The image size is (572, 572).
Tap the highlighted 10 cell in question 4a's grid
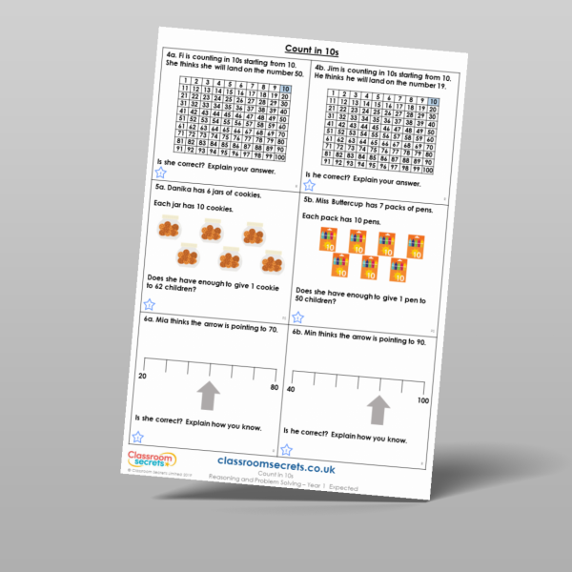coord(285,90)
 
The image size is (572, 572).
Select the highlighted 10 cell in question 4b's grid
coord(435,102)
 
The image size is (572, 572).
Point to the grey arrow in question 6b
coord(378,409)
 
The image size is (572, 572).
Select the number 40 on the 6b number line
coord(291,389)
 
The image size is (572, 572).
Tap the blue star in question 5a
coord(149,304)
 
